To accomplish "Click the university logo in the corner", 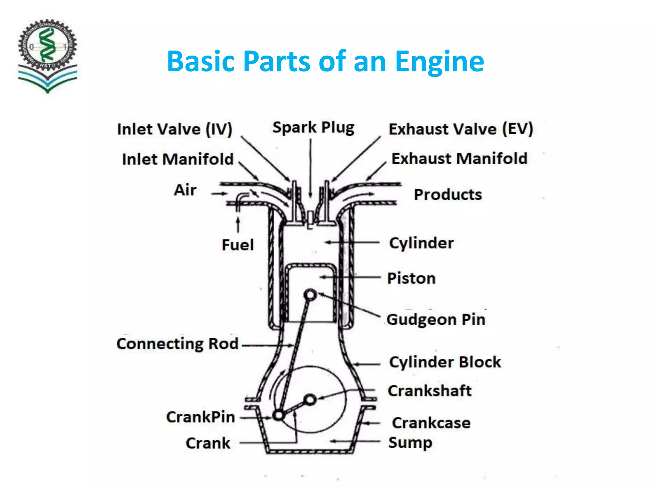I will click(48, 56).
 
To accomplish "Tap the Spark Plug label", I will click(313, 128).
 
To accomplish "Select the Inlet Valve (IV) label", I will click(175, 129).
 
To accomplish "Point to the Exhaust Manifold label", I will click(459, 159).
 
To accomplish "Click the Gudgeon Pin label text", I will click(436, 320).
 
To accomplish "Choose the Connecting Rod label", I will click(177, 344).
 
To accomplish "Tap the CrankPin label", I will click(201, 417).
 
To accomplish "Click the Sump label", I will click(410, 443).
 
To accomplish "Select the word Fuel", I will click(238, 245).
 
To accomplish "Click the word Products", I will click(448, 195).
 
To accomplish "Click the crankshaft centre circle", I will click(310, 399).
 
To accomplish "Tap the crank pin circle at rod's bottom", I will click(279, 415).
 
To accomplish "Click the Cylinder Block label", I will click(445, 362).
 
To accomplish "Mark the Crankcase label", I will click(431, 423).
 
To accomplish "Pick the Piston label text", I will click(411, 278).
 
